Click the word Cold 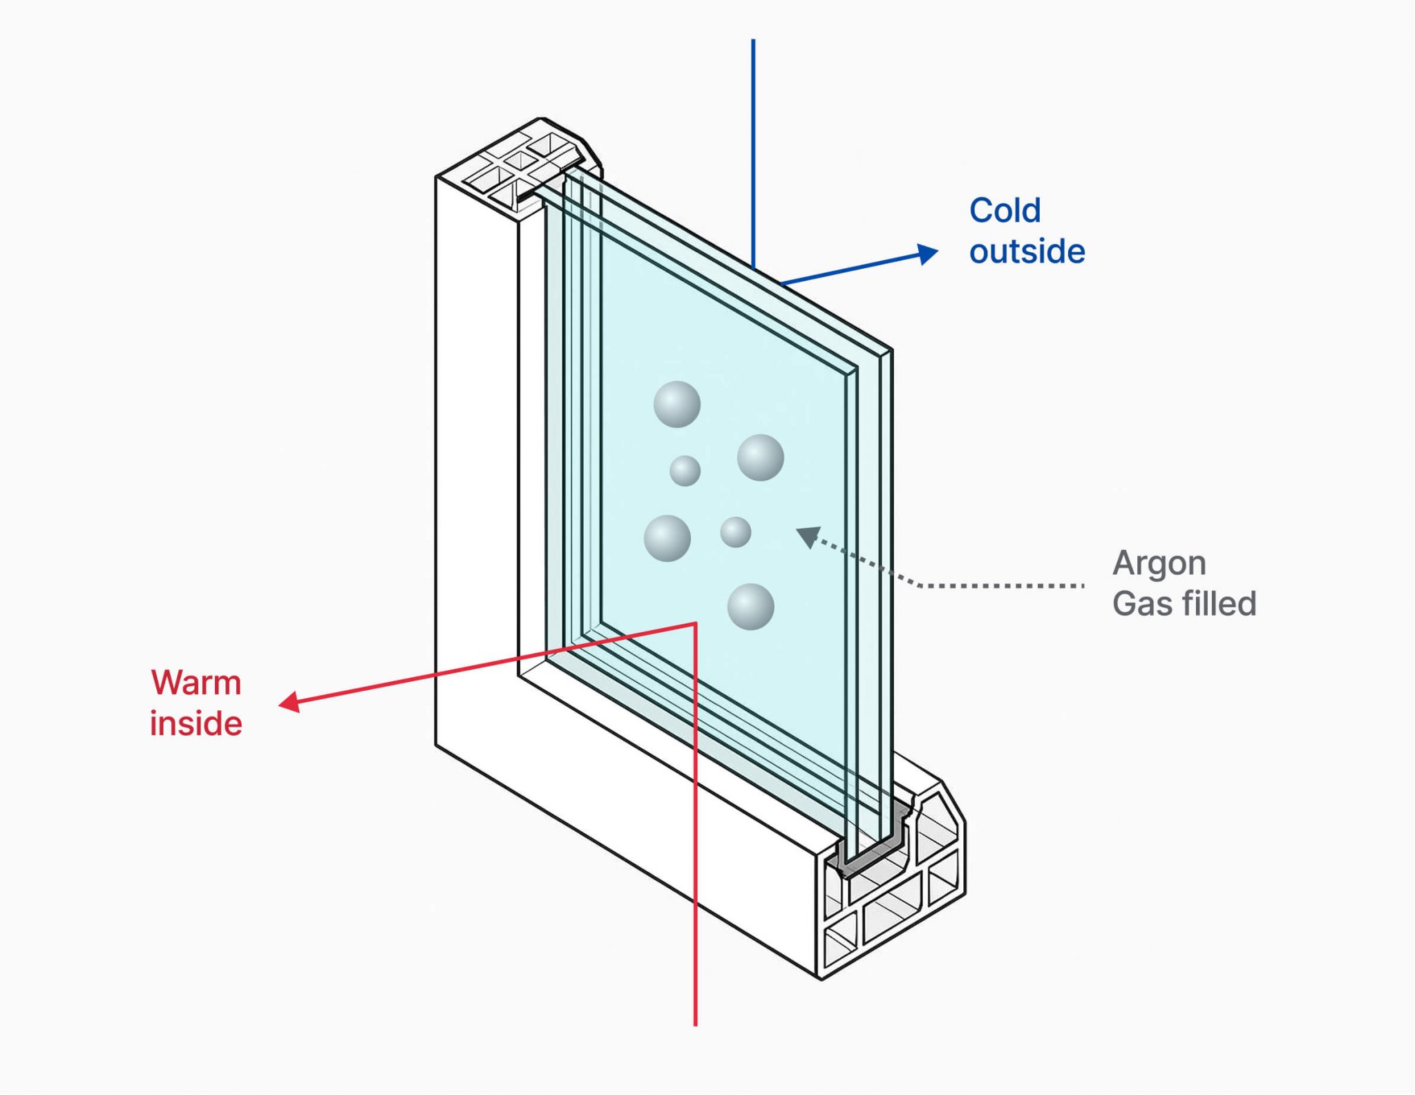pos(1005,211)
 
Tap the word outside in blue pos(1027,251)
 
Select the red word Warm pos(196,683)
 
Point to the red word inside pos(196,724)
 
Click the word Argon pos(1159,564)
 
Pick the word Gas pos(1141,604)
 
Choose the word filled pos(1219,604)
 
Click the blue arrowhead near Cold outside pos(928,254)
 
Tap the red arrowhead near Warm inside pos(289,703)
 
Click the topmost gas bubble pos(677,404)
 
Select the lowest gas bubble pos(751,607)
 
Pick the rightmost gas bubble pos(761,457)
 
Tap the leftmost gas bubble pos(667,538)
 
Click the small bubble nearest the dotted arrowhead pos(735,532)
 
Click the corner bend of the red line pos(695,624)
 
